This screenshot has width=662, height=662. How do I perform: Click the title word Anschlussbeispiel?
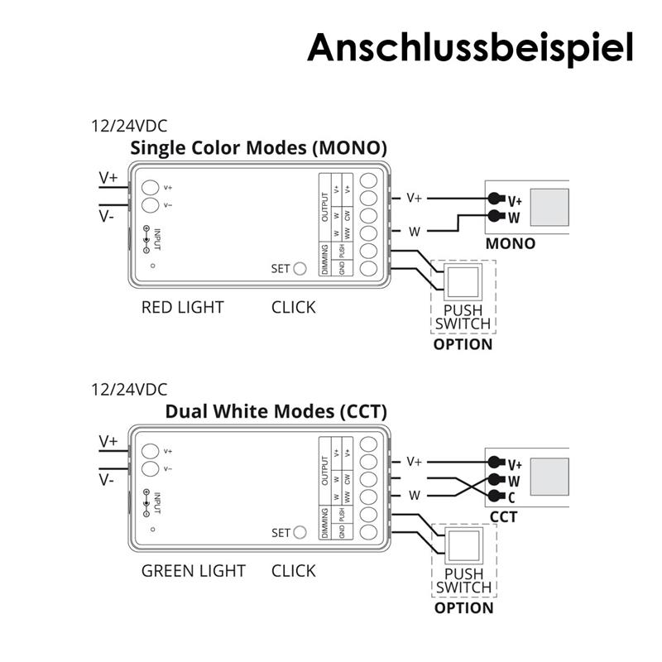(470, 47)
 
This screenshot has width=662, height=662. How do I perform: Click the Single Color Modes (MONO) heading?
(259, 149)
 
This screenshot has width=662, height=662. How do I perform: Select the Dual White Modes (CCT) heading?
(276, 411)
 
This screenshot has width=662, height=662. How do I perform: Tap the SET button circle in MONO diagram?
(300, 268)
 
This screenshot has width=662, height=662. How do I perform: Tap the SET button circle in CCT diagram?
(300, 532)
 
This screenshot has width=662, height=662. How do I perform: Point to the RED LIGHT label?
(182, 308)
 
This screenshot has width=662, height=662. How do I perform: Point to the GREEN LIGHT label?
(193, 571)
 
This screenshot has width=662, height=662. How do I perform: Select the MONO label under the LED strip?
(510, 244)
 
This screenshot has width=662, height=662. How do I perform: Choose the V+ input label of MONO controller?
(108, 177)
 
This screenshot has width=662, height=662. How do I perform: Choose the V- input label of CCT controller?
(108, 479)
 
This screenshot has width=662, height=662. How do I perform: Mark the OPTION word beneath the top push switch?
(463, 344)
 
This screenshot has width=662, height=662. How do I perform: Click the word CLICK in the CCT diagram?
(294, 571)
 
